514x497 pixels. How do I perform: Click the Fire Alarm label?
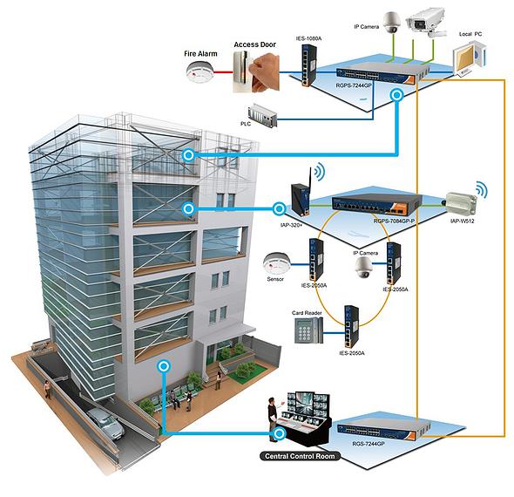pos(200,54)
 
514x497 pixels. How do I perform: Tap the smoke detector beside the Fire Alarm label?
pos(200,73)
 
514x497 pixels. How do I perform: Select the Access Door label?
pos(254,44)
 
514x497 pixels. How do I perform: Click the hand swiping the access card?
pos(265,73)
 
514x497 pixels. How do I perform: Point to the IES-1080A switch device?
pos(309,65)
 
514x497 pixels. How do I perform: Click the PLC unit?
pos(262,116)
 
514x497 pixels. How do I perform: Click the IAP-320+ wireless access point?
pos(300,199)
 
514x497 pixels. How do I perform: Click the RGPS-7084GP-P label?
pos(394,221)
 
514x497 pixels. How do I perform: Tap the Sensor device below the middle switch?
pos(276,263)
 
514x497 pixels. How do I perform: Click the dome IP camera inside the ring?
pos(363,267)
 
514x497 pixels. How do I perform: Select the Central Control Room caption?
pos(300,456)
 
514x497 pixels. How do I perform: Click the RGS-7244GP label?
pos(369,444)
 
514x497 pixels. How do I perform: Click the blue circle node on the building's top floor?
pos(188,155)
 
